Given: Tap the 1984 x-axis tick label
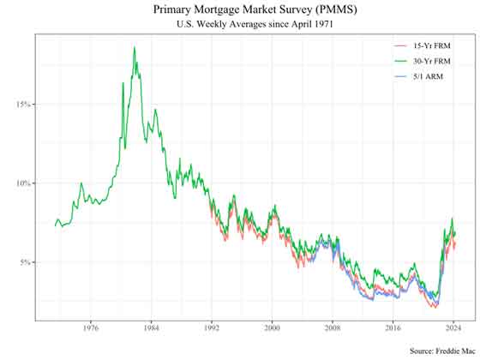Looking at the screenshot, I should click(151, 327).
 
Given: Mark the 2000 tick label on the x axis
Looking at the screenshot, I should click(272, 327).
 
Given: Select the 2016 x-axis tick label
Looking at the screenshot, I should click(393, 327).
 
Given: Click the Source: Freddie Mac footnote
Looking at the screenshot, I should click(440, 351).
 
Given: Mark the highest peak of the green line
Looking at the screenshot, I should click(135, 47).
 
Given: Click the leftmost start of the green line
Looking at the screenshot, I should click(54, 226).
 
